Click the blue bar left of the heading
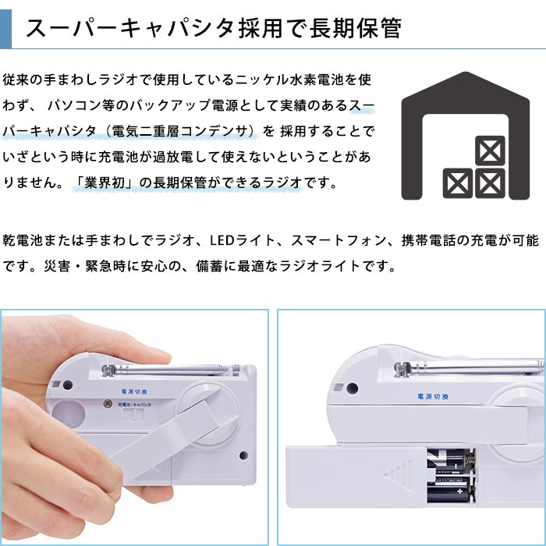[x=5, y=28]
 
